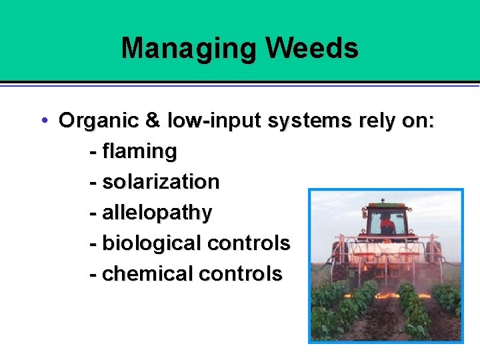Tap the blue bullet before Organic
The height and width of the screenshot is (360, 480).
(x=43, y=121)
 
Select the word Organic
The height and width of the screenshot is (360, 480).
(x=99, y=121)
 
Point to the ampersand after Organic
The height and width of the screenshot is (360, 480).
(x=153, y=121)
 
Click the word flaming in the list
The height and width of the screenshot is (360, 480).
(x=139, y=151)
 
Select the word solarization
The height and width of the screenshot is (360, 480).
(x=161, y=181)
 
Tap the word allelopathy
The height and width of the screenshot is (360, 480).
(x=157, y=213)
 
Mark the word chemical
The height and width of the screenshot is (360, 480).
(x=147, y=273)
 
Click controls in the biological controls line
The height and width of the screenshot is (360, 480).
(x=248, y=243)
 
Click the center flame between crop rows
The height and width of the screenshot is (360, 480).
(x=387, y=294)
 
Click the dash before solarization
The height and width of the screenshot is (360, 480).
(x=93, y=182)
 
